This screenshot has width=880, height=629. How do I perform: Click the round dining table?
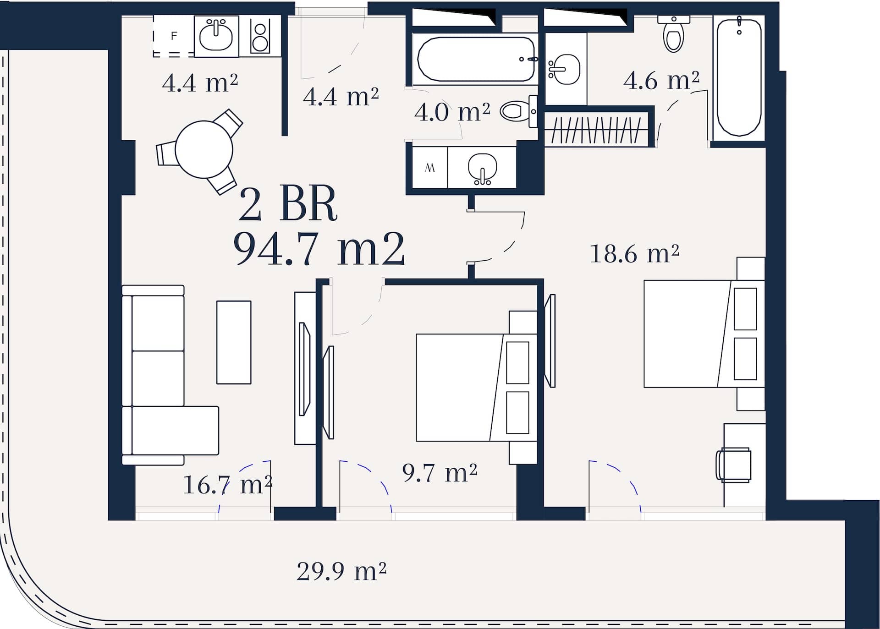click(x=204, y=149)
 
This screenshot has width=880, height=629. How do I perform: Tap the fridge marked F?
click(x=174, y=36)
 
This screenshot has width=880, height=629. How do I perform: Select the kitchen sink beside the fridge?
click(x=216, y=36)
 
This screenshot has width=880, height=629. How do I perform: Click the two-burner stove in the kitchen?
click(x=260, y=36)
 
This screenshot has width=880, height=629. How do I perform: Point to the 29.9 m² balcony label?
click(x=341, y=571)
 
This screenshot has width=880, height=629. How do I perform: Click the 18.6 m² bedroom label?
click(x=634, y=253)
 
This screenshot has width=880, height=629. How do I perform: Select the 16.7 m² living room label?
click(x=227, y=485)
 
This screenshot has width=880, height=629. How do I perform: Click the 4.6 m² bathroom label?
click(x=661, y=80)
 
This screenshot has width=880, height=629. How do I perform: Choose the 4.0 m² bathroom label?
click(x=452, y=112)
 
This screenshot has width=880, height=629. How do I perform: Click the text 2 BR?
click(x=288, y=204)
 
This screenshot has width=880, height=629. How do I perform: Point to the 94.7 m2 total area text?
click(x=319, y=249)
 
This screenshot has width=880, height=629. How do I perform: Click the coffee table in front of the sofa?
click(x=234, y=342)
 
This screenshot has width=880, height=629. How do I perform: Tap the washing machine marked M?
click(x=430, y=168)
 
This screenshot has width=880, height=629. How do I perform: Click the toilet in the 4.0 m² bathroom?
click(x=519, y=111)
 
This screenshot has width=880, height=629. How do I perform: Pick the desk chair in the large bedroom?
click(x=733, y=465)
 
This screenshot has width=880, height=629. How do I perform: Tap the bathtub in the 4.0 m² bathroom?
click(x=475, y=59)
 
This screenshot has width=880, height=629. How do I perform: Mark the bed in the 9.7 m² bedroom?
click(x=476, y=388)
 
